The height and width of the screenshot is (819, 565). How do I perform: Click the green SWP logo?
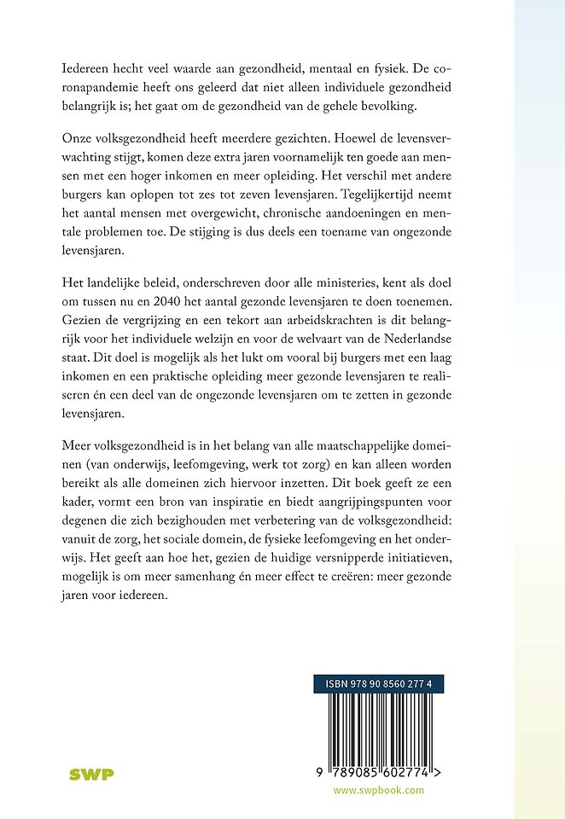(x=91, y=774)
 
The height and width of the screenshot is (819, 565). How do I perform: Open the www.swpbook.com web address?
(x=378, y=790)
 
